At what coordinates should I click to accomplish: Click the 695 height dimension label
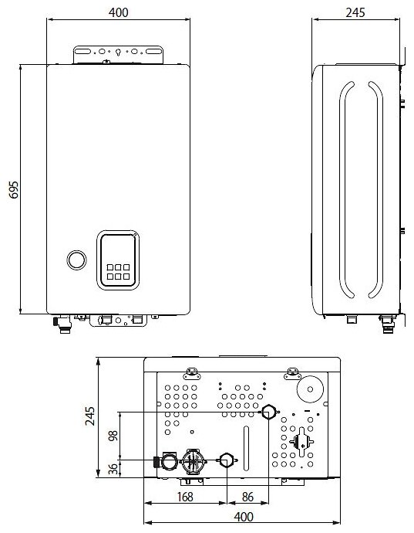(14, 190)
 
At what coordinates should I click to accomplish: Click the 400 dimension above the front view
(119, 12)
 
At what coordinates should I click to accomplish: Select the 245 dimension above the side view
(355, 12)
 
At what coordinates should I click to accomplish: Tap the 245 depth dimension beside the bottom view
(90, 416)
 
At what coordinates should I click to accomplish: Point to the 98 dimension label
(113, 436)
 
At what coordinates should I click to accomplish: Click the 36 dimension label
(113, 469)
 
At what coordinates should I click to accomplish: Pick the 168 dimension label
(185, 497)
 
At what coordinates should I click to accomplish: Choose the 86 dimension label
(247, 497)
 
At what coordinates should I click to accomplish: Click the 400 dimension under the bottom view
(244, 517)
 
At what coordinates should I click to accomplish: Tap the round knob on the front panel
(76, 260)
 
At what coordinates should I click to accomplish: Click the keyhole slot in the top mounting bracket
(118, 53)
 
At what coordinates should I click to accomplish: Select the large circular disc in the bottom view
(310, 389)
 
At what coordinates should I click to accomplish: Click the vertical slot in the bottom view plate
(246, 448)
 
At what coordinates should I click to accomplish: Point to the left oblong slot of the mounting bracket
(82, 51)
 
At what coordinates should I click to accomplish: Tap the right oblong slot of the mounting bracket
(153, 51)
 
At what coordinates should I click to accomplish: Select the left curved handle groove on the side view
(343, 190)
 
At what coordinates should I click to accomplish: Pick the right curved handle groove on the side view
(380, 190)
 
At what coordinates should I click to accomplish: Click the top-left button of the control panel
(110, 267)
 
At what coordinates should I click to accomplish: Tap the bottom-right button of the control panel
(126, 277)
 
